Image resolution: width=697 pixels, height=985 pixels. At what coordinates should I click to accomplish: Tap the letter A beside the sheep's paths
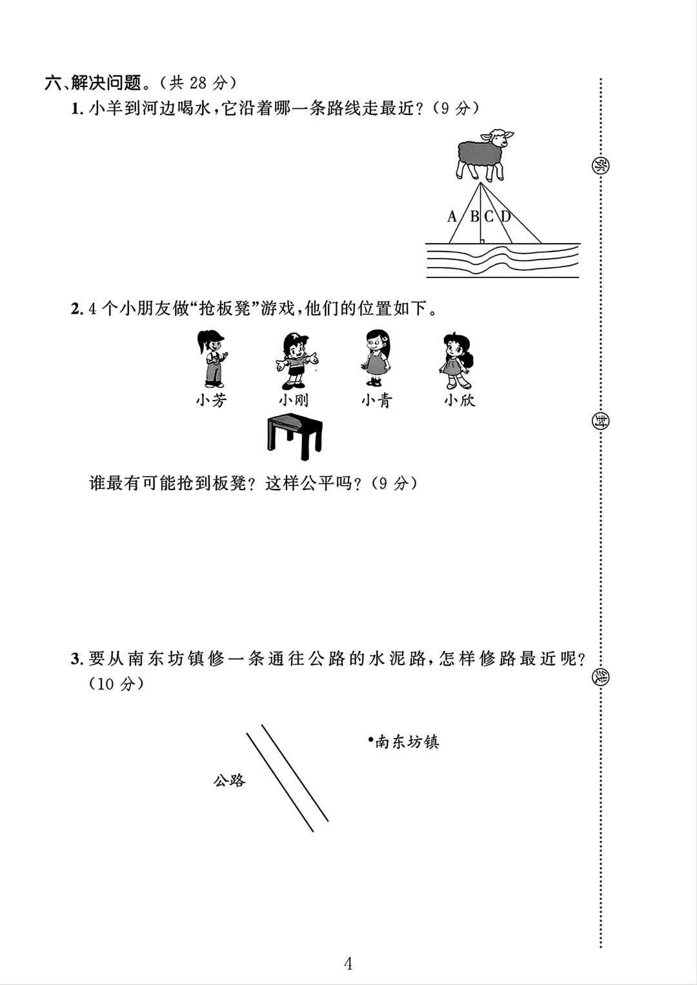tap(452, 217)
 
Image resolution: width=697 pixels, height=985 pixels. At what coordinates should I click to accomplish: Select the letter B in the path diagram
tap(474, 217)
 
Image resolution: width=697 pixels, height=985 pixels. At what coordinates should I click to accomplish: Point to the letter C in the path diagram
tap(489, 217)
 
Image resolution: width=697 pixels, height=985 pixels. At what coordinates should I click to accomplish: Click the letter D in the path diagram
tap(505, 217)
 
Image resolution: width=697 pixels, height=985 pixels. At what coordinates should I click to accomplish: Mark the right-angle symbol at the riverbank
tap(481, 241)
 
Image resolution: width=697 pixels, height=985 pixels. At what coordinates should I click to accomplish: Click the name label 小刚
tap(294, 401)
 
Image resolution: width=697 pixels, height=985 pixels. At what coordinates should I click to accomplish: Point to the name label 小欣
tap(459, 401)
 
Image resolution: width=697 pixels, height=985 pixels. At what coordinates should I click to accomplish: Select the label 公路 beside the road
tap(229, 781)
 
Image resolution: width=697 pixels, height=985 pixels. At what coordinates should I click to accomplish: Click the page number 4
tap(348, 964)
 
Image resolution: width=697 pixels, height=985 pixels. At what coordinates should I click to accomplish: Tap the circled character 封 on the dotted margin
tap(600, 421)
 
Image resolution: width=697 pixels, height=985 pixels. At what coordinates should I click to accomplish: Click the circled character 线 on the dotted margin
tap(600, 677)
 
